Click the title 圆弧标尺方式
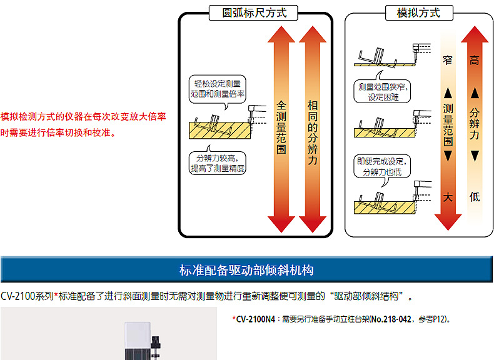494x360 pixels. click(255, 12)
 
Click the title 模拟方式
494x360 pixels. click(418, 12)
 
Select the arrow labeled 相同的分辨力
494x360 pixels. click(313, 128)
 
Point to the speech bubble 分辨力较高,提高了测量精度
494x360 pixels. click(219, 162)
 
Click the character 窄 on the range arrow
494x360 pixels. click(447, 60)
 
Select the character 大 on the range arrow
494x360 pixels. click(447, 197)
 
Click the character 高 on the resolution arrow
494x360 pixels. click(475, 60)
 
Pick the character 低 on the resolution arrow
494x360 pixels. click(475, 197)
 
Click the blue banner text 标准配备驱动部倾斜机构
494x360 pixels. click(246, 271)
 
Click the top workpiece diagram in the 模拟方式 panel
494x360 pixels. click(385, 56)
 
